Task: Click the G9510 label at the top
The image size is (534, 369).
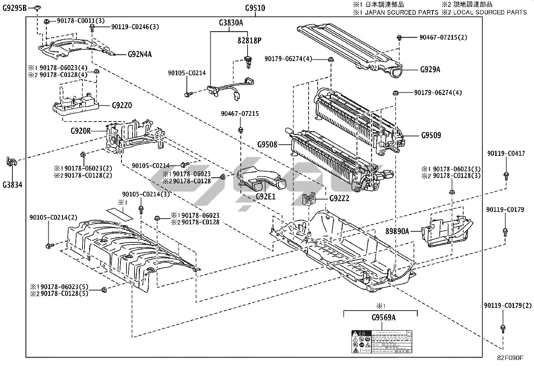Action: [x=255, y=7]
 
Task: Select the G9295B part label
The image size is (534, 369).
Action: [x=14, y=7]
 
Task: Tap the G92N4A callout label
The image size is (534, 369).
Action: [x=140, y=54]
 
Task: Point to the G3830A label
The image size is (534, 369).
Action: [x=231, y=23]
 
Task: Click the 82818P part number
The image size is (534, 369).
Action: [x=250, y=41]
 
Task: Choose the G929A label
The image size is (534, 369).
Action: [x=430, y=70]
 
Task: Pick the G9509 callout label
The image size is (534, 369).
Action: [x=431, y=136]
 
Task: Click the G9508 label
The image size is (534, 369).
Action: [x=267, y=145]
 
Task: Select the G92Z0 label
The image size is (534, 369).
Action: [x=122, y=105]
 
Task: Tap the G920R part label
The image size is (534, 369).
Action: [x=81, y=131]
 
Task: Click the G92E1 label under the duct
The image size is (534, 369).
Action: [x=265, y=197]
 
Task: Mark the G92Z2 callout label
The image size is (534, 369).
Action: [x=339, y=198]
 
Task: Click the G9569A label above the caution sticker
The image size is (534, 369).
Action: [x=383, y=317]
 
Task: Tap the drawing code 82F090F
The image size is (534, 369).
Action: [x=510, y=358]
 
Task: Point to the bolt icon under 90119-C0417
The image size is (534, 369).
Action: [x=505, y=175]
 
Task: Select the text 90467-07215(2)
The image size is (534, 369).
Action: [x=443, y=37]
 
